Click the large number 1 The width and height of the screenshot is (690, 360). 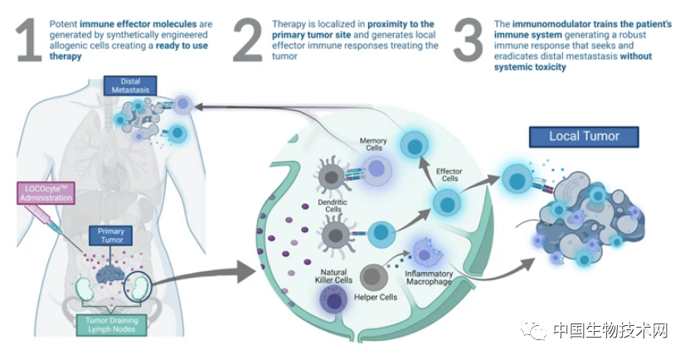28,41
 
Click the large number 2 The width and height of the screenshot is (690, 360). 247,41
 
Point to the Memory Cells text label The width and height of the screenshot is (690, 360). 373,144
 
